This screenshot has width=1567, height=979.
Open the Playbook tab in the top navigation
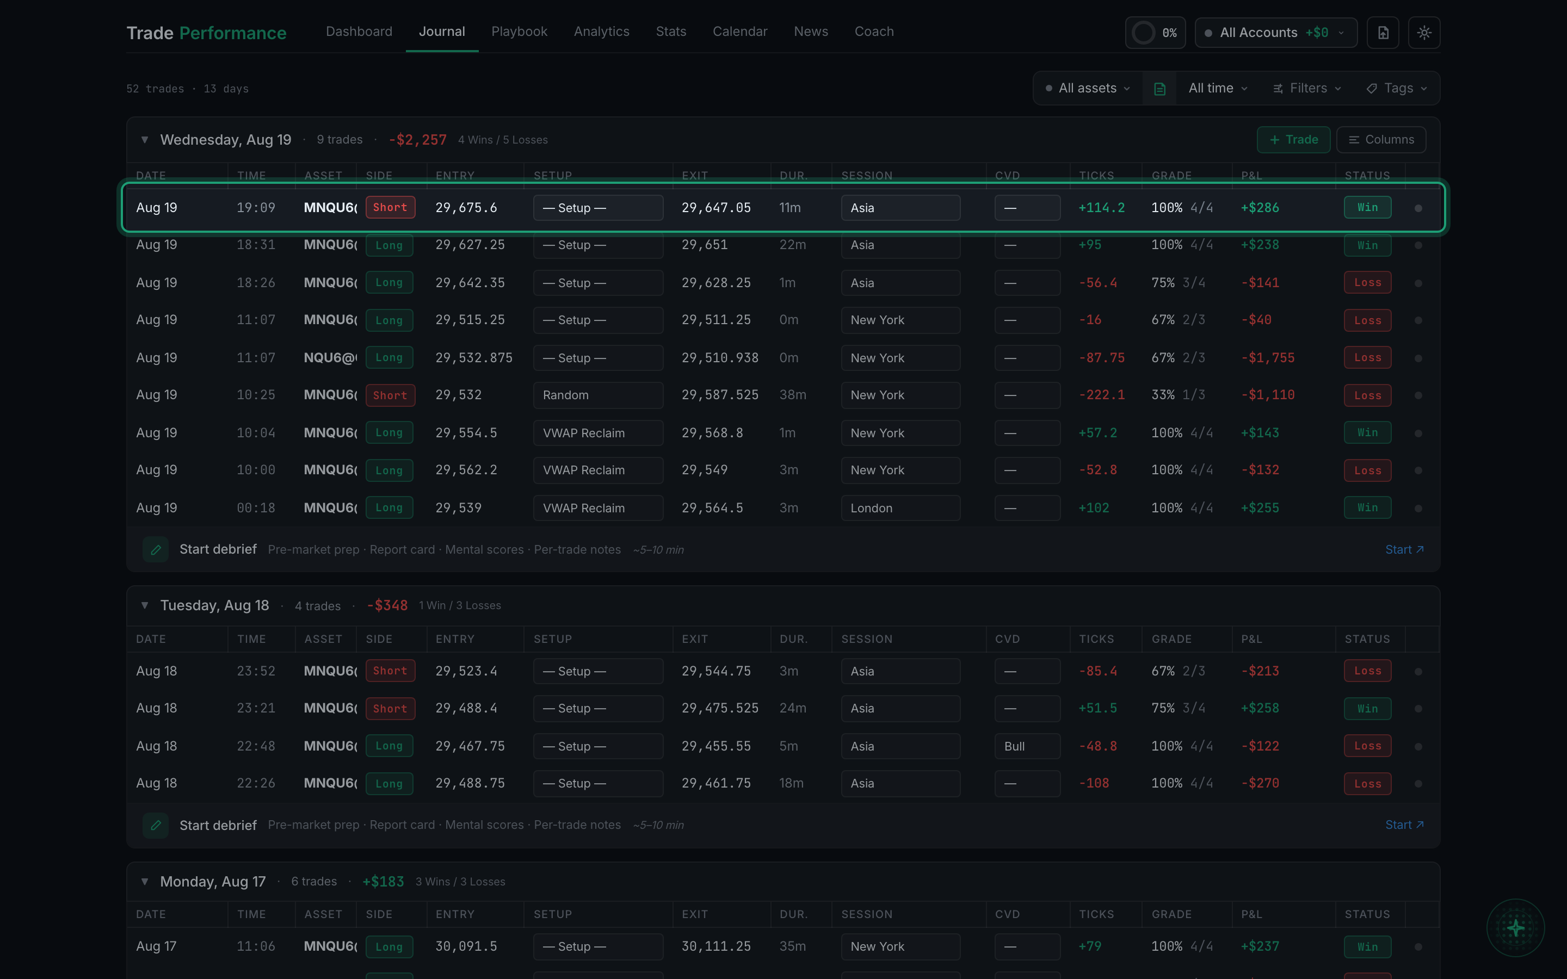(x=519, y=32)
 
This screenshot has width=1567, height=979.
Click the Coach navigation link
(x=874, y=32)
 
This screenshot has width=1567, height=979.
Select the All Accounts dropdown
(x=1275, y=33)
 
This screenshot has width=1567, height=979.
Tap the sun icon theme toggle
(x=1424, y=33)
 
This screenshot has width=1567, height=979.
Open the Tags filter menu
(x=1397, y=88)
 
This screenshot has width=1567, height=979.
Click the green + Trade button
(x=1293, y=140)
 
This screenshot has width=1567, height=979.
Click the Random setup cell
(x=597, y=395)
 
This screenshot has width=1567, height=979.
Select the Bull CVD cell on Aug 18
(x=1027, y=746)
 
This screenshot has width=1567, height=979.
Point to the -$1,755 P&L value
(x=1267, y=358)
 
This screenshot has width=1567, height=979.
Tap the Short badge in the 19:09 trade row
(x=390, y=207)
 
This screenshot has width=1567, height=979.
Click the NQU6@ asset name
(x=330, y=358)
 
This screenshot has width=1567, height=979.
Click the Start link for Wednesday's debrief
(x=1404, y=550)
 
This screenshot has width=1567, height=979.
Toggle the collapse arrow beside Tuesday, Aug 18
(x=144, y=605)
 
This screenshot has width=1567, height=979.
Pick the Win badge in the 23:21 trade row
(x=1367, y=708)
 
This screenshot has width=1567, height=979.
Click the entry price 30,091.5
(x=466, y=946)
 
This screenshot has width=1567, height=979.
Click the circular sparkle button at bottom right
(x=1515, y=928)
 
